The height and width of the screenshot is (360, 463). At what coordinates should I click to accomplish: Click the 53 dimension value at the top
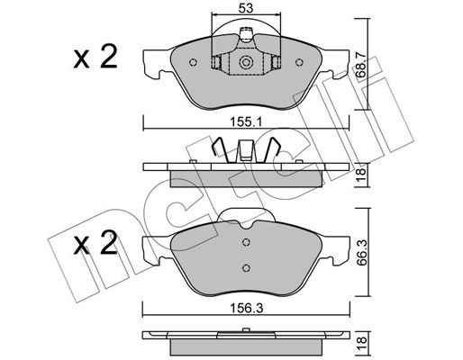[246, 8]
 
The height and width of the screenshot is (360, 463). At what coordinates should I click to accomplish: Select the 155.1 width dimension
[246, 122]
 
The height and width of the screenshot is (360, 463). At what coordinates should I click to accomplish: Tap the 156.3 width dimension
[246, 308]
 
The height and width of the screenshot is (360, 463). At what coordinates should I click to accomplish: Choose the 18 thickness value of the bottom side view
[362, 340]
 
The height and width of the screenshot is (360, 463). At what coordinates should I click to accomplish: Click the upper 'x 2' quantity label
[95, 58]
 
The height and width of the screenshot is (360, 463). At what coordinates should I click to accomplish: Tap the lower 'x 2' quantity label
[95, 244]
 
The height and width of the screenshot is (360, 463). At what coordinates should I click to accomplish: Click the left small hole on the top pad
[194, 62]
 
